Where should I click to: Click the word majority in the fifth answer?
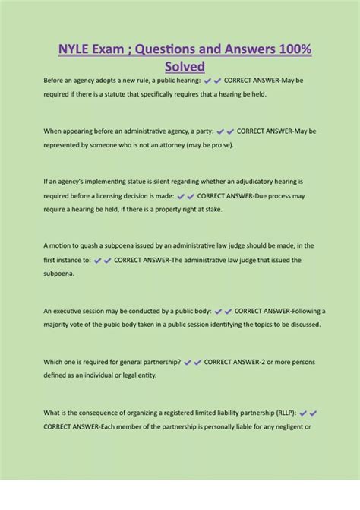61,325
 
